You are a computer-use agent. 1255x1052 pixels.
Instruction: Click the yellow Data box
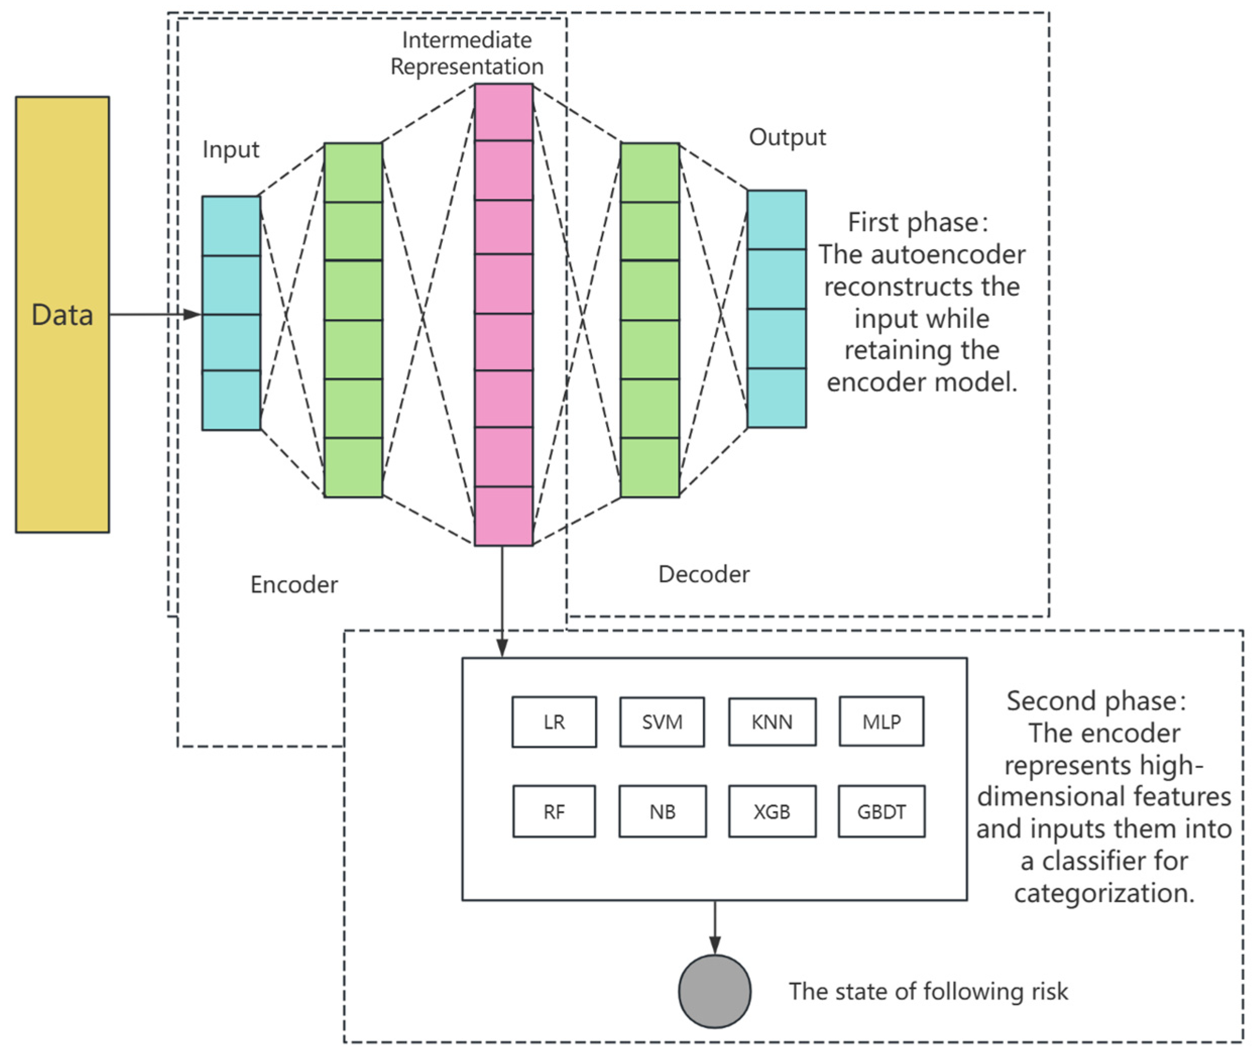pos(62,314)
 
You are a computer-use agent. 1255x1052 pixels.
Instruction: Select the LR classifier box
pos(554,722)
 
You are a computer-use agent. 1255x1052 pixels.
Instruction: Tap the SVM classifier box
pos(662,722)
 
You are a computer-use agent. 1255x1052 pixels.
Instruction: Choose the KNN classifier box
pos(771,722)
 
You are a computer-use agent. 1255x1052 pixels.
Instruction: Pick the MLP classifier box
pos(881,722)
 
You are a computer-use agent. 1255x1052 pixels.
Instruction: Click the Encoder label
pos(293,585)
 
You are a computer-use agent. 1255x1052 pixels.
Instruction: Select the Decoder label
pos(703,574)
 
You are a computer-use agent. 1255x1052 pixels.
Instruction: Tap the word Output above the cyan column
pos(787,138)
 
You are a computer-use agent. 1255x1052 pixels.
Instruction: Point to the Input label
pos(231,149)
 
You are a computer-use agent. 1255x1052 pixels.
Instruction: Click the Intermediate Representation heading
pos(467,53)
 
